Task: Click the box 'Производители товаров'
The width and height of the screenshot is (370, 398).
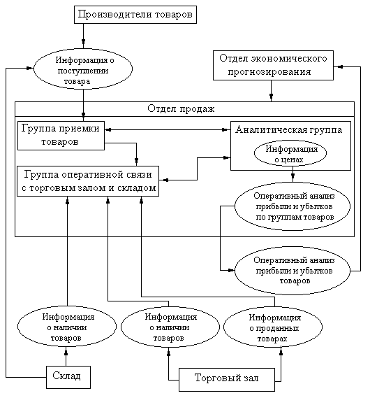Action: (135, 15)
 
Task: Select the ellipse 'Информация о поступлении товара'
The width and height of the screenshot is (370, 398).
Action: (83, 69)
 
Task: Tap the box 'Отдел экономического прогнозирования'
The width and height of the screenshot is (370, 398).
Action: (273, 66)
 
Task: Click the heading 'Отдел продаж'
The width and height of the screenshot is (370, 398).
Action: (181, 109)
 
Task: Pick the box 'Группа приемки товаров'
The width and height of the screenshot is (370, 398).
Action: (61, 136)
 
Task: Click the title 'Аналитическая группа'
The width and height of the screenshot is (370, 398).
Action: (289, 129)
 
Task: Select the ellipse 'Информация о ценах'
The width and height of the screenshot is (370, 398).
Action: (290, 153)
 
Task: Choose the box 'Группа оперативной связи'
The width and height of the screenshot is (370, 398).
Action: (88, 181)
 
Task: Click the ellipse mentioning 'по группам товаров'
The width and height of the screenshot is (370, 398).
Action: (293, 206)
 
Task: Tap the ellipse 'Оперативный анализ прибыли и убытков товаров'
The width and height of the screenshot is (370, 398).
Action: (293, 271)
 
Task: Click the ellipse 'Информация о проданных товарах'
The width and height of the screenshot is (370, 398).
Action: (273, 327)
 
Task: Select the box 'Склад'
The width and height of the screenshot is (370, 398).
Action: (68, 377)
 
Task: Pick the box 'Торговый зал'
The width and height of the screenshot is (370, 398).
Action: (227, 380)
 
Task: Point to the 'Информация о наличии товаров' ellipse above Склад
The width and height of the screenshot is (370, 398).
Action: (67, 327)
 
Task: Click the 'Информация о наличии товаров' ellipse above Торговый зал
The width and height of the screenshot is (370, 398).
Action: (170, 327)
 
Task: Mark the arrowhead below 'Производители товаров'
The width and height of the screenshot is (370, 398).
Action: (83, 42)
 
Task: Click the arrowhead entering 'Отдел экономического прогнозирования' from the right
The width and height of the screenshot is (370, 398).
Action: (340, 66)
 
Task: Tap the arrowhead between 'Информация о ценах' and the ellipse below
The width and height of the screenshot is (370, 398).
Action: (293, 176)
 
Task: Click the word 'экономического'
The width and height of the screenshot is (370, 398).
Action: (289, 59)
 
